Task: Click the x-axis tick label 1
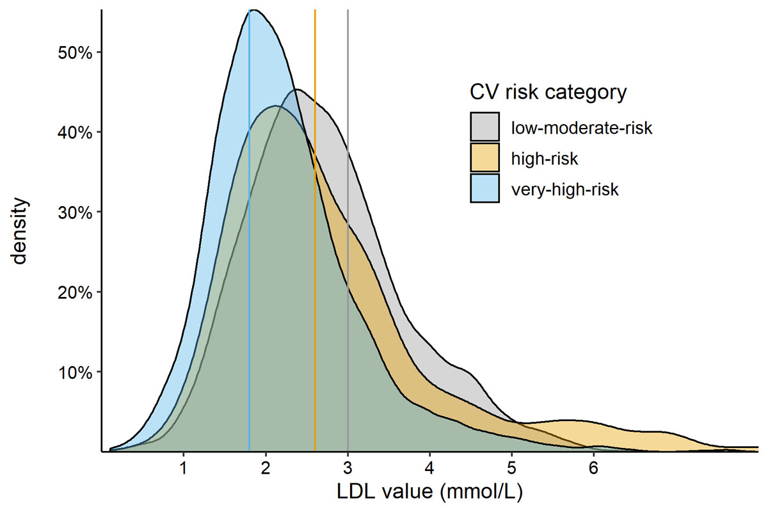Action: click(x=184, y=467)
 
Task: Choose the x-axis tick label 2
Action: click(x=266, y=467)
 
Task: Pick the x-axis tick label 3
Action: click(x=348, y=467)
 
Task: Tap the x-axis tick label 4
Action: click(x=429, y=467)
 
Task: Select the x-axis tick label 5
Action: click(x=511, y=467)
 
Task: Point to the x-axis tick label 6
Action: click(x=593, y=467)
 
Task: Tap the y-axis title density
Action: click(x=20, y=231)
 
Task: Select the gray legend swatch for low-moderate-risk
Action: click(x=484, y=127)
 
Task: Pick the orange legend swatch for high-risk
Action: click(x=484, y=158)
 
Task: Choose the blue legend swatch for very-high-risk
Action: click(x=484, y=189)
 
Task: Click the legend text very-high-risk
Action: click(x=564, y=189)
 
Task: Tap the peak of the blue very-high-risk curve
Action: click(x=253, y=10)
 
